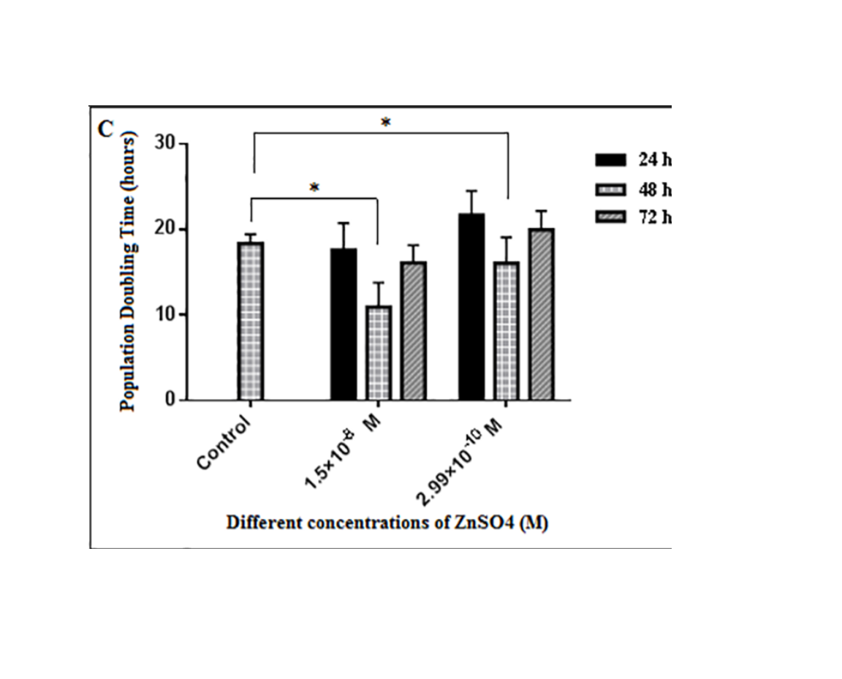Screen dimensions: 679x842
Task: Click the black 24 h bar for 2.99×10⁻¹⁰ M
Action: [x=471, y=307]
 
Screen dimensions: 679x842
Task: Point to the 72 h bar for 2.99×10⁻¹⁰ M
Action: [x=542, y=314]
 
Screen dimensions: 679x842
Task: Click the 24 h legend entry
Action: [x=633, y=159]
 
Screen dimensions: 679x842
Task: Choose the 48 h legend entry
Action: [x=633, y=189]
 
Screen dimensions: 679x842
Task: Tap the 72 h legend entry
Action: [x=633, y=219]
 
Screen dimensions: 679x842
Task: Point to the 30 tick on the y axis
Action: [x=166, y=143]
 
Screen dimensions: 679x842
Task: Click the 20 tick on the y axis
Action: [x=166, y=230]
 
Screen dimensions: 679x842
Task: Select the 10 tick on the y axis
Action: [x=166, y=315]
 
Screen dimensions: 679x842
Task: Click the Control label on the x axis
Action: [x=224, y=444]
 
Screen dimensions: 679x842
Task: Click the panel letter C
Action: [x=105, y=129]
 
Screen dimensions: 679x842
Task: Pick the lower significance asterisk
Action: [x=314, y=189]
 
